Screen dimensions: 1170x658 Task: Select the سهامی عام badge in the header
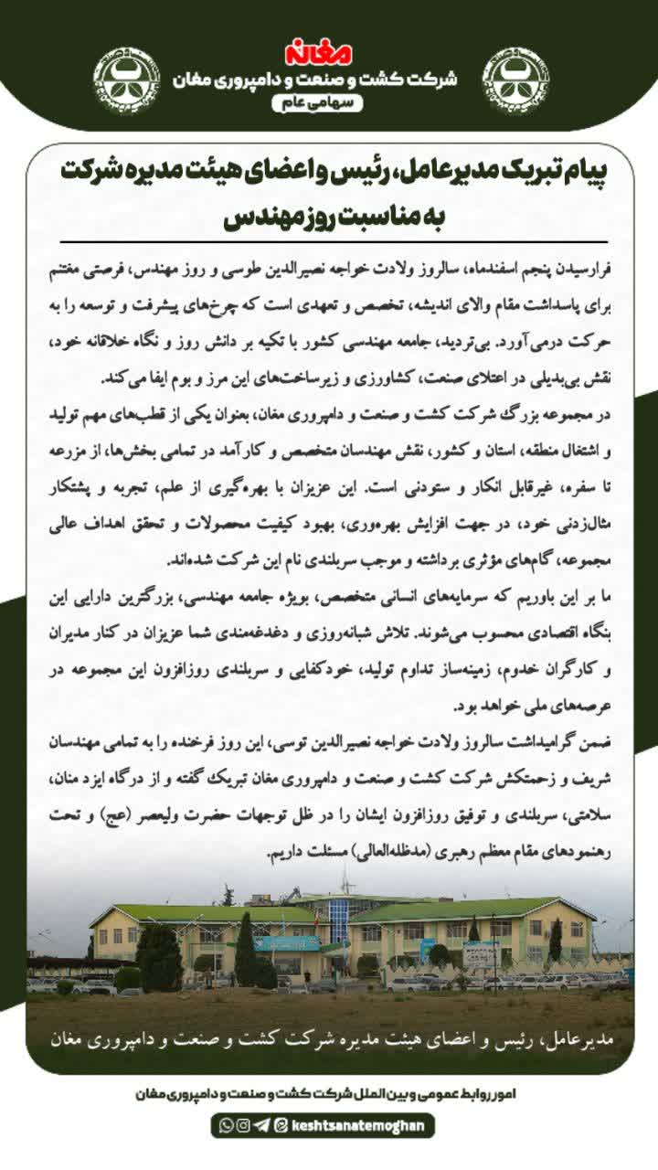click(x=317, y=104)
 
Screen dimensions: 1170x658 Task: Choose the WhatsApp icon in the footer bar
click(x=225, y=1125)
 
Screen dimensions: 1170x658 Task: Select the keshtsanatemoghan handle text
click(x=358, y=1125)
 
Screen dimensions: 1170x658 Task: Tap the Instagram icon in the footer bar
click(x=242, y=1125)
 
